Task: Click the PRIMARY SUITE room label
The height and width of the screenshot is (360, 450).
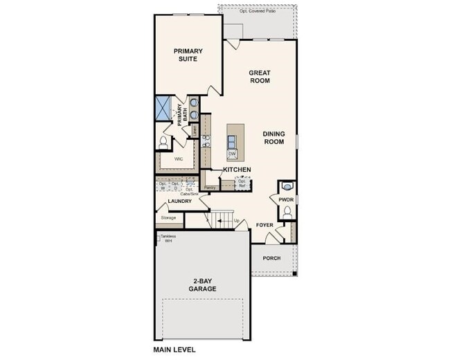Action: pyautogui.click(x=186, y=55)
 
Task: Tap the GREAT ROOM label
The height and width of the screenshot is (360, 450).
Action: pyautogui.click(x=260, y=76)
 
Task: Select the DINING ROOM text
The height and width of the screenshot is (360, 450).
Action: pyautogui.click(x=273, y=137)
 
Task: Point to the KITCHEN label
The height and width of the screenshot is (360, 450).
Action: pyautogui.click(x=236, y=170)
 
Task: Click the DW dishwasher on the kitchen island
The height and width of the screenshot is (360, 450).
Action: pyautogui.click(x=232, y=153)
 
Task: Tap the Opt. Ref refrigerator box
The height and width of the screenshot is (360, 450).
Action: pyautogui.click(x=242, y=183)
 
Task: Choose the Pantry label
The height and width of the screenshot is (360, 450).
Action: pyautogui.click(x=209, y=187)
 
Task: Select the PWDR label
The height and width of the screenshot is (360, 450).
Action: pyautogui.click(x=286, y=199)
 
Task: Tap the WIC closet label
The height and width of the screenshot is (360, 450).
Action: pyautogui.click(x=178, y=159)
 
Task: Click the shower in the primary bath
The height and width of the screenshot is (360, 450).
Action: pyautogui.click(x=163, y=109)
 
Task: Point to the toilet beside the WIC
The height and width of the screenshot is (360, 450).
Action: pyautogui.click(x=163, y=142)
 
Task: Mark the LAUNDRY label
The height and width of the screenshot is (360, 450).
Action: pyautogui.click(x=179, y=201)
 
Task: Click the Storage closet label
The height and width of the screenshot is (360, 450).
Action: pyautogui.click(x=168, y=217)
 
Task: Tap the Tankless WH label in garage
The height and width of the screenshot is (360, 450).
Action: pyautogui.click(x=168, y=238)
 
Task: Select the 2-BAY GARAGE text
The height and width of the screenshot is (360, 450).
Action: pyautogui.click(x=201, y=285)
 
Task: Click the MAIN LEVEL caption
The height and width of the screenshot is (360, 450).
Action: pyautogui.click(x=174, y=350)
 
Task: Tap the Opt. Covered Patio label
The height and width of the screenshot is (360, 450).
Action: pyautogui.click(x=258, y=11)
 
